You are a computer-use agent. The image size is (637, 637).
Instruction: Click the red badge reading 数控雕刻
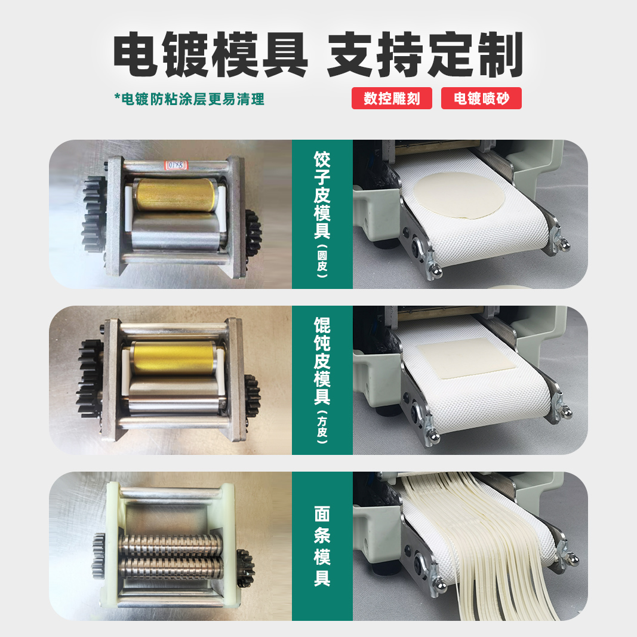(x=392, y=99)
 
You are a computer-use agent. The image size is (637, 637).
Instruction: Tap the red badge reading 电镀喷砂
(x=481, y=99)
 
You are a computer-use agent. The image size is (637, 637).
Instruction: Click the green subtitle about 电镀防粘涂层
(x=189, y=99)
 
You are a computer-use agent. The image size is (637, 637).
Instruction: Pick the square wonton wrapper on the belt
(x=466, y=358)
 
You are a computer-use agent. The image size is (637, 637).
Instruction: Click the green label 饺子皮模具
(x=322, y=195)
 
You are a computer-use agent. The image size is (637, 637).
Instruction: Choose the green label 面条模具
(x=322, y=546)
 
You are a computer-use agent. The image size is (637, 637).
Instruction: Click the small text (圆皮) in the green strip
(x=322, y=263)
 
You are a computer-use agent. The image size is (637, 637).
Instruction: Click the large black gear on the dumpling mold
(x=94, y=215)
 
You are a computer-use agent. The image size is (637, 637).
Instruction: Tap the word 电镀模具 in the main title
(x=211, y=55)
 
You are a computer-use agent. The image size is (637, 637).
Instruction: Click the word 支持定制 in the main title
(x=425, y=55)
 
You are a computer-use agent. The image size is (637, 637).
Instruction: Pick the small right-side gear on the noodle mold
(x=245, y=568)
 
